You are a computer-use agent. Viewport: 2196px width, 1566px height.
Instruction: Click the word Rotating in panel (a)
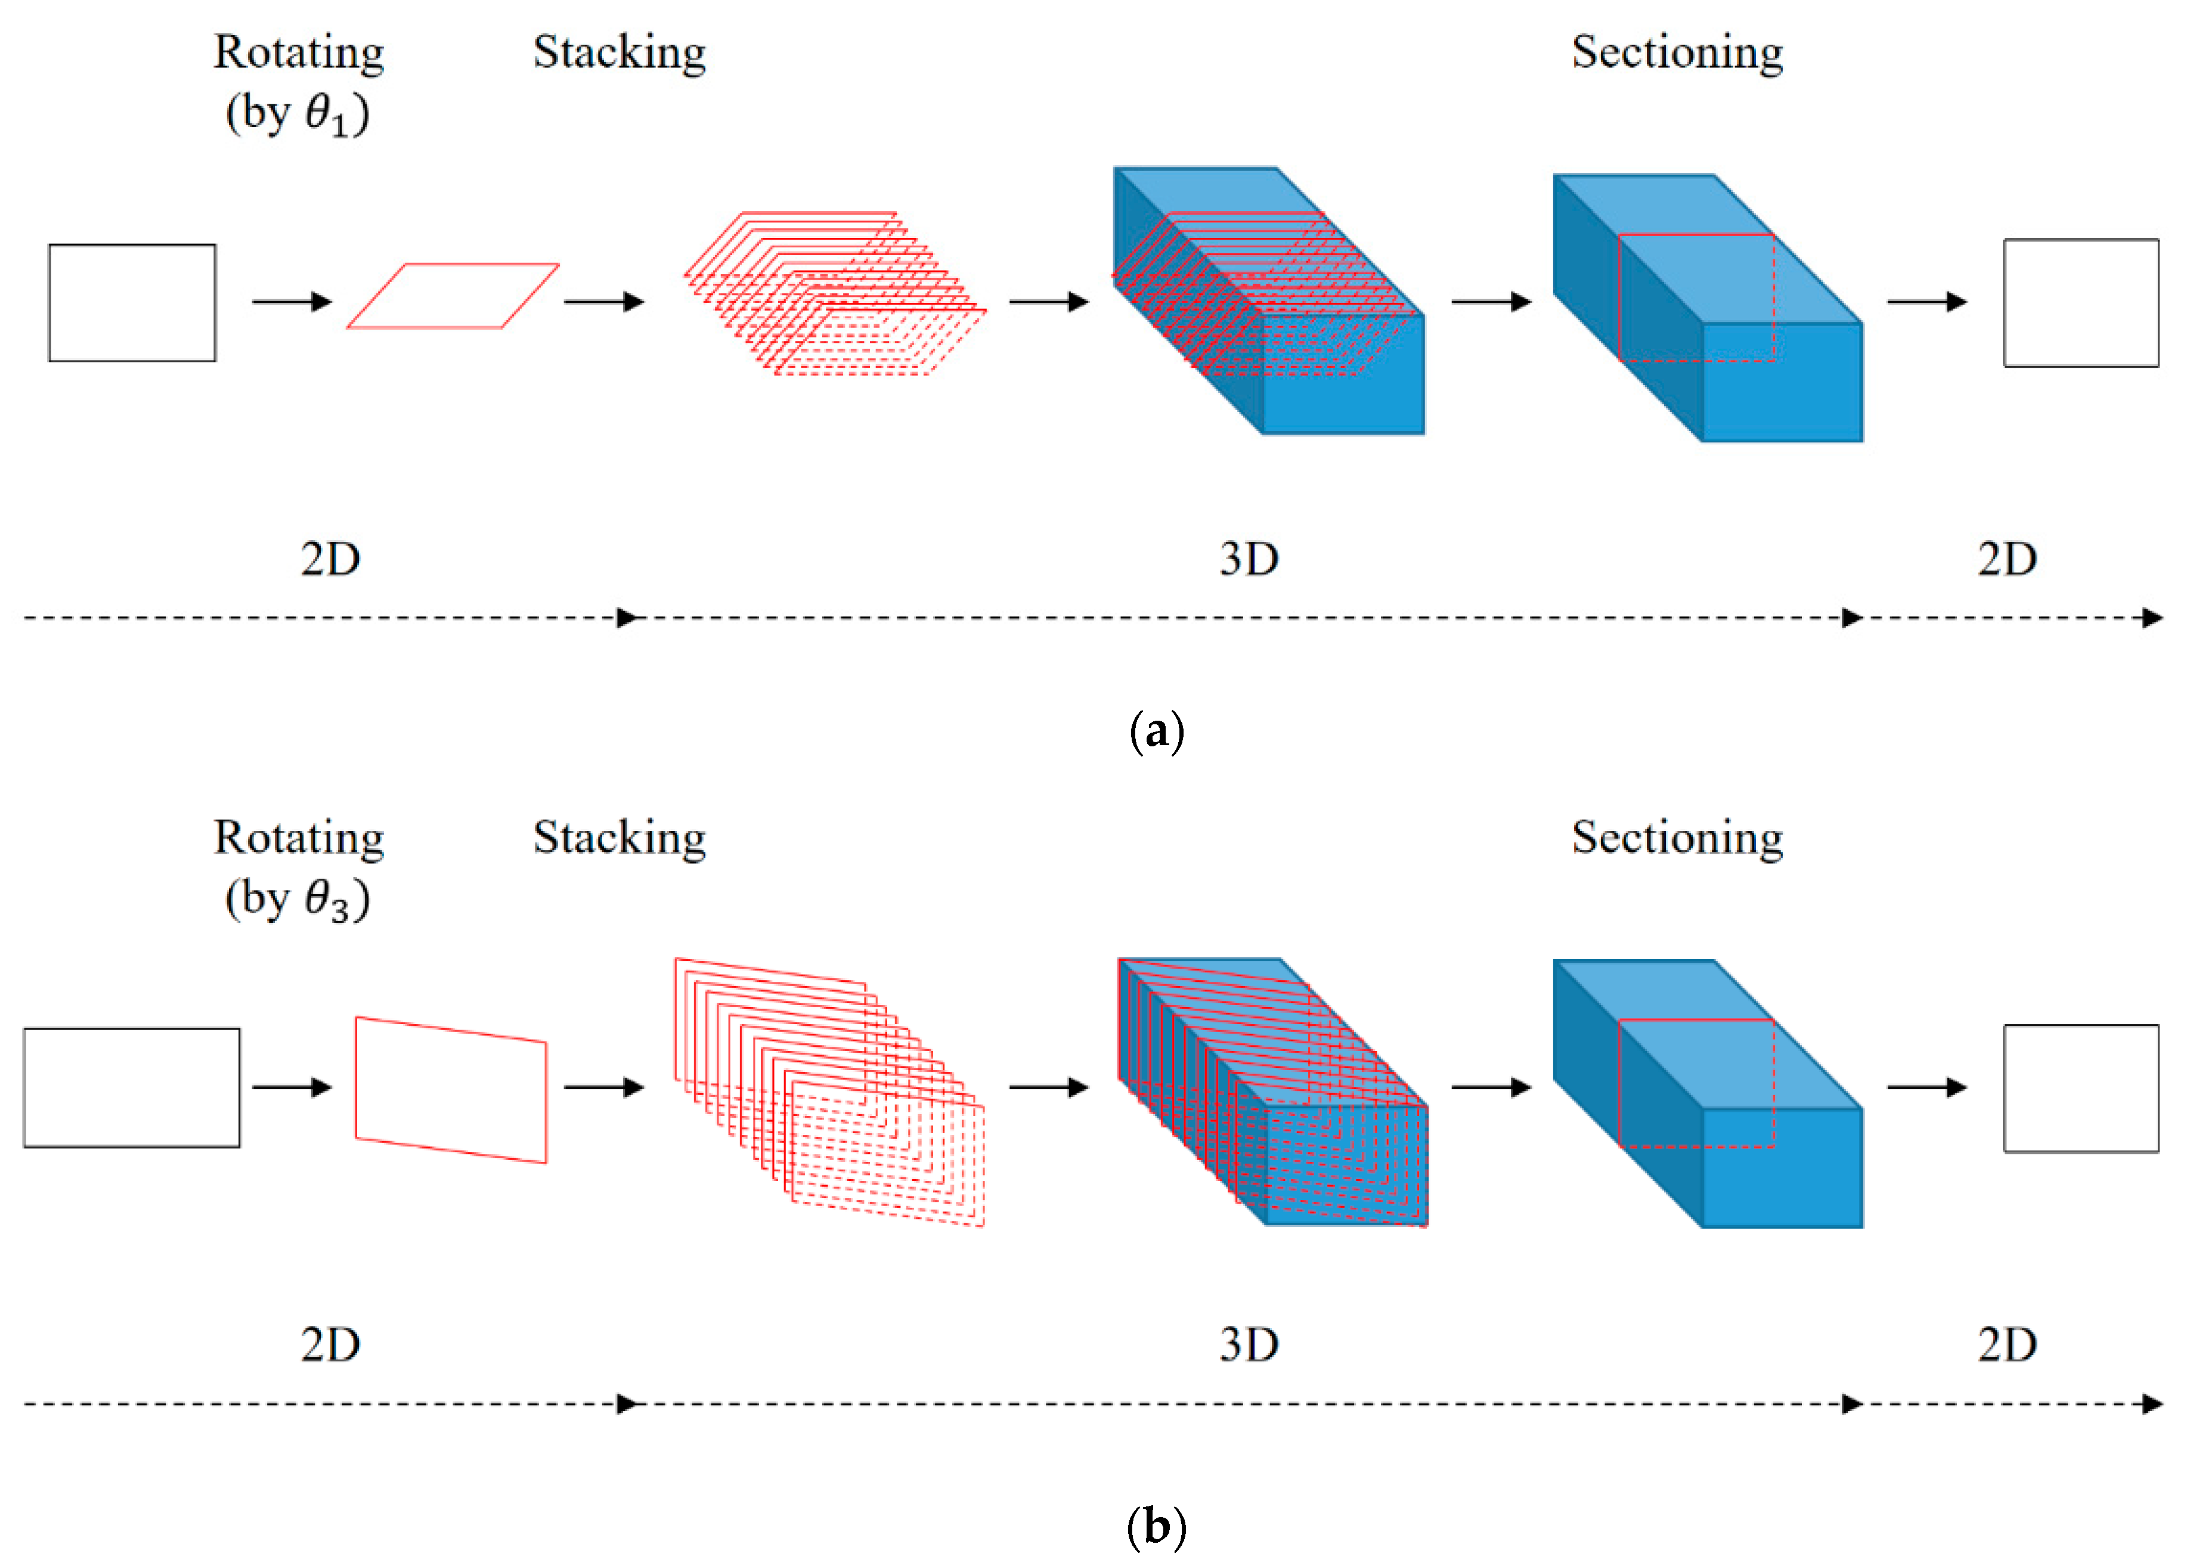[298, 53]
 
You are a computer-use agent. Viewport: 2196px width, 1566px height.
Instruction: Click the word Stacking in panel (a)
[619, 53]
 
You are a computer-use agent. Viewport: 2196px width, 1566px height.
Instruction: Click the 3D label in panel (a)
[1249, 559]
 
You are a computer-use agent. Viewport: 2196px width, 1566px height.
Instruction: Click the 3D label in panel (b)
[1249, 1344]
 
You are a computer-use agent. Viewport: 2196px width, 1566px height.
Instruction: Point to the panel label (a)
[1156, 731]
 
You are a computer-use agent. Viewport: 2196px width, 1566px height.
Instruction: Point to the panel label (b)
[1156, 1527]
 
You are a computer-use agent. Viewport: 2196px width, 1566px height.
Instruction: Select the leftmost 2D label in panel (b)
[330, 1344]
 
